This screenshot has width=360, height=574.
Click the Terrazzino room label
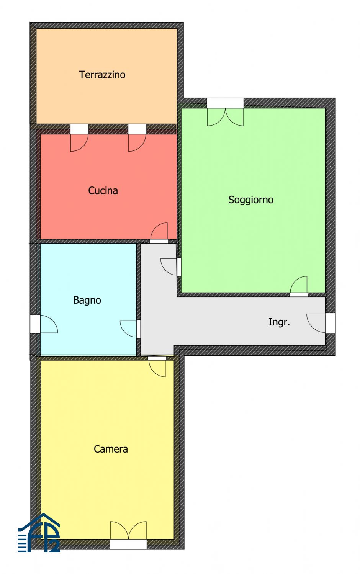102,75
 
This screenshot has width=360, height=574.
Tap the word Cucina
103,191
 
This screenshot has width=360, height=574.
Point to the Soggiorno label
251,200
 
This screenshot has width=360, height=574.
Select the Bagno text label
87,300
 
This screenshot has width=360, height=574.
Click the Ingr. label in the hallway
279,322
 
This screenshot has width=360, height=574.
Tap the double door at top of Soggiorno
225,117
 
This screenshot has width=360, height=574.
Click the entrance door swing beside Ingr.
316,324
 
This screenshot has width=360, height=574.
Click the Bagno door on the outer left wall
49,324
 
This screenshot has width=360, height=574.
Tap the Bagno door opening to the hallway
128,329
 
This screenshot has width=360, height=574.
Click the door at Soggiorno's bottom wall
299,285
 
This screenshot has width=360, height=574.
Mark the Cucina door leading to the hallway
159,231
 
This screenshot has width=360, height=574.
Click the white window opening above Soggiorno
225,103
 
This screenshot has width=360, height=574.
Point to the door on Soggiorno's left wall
169,267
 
